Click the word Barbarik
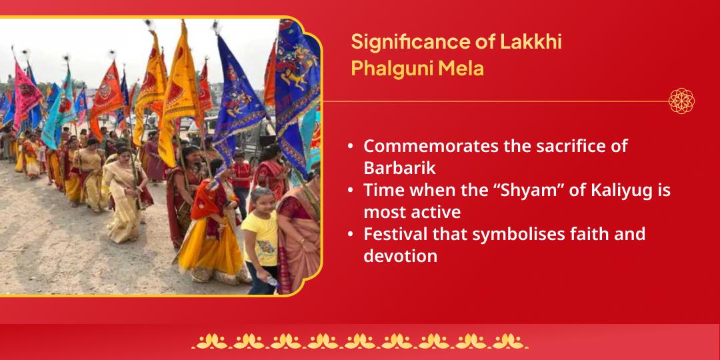pyautogui.click(x=399, y=167)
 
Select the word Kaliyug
pyautogui.click(x=617, y=190)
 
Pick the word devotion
pyautogui.click(x=400, y=255)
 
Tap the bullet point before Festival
pyautogui.click(x=351, y=235)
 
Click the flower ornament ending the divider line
pyautogui.click(x=681, y=101)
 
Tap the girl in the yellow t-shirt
pyautogui.click(x=260, y=237)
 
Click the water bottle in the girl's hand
pyautogui.click(x=271, y=282)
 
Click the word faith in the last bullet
pyautogui.click(x=577, y=234)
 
